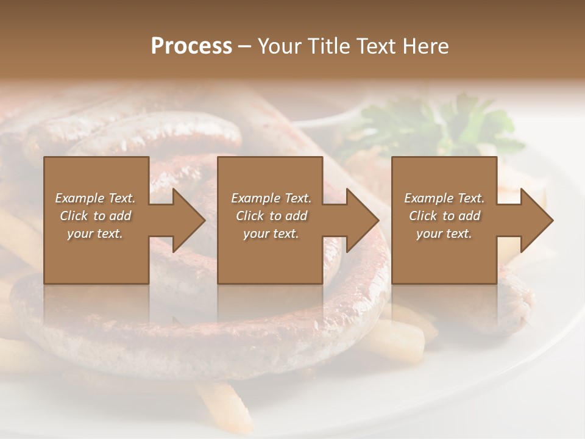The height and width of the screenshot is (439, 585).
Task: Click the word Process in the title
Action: coord(191,46)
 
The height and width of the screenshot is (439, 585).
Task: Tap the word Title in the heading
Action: coord(328,46)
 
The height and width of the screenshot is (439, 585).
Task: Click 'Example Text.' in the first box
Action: coord(95,198)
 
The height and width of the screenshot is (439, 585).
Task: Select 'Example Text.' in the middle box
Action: coord(271,198)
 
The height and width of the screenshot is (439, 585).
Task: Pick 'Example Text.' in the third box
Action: coord(444,198)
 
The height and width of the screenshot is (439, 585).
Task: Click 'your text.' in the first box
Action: coord(95,234)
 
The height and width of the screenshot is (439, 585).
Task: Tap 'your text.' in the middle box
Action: coord(271,234)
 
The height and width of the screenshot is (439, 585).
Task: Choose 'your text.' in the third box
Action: coord(444,234)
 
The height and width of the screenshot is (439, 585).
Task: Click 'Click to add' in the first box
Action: coord(95,216)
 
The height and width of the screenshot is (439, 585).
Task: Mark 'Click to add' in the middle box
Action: coord(271,216)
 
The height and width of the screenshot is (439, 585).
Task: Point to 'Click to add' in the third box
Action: coord(444,216)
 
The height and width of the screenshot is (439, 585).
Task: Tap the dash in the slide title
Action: coord(245,46)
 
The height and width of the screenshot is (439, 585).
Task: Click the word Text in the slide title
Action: coord(377,46)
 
